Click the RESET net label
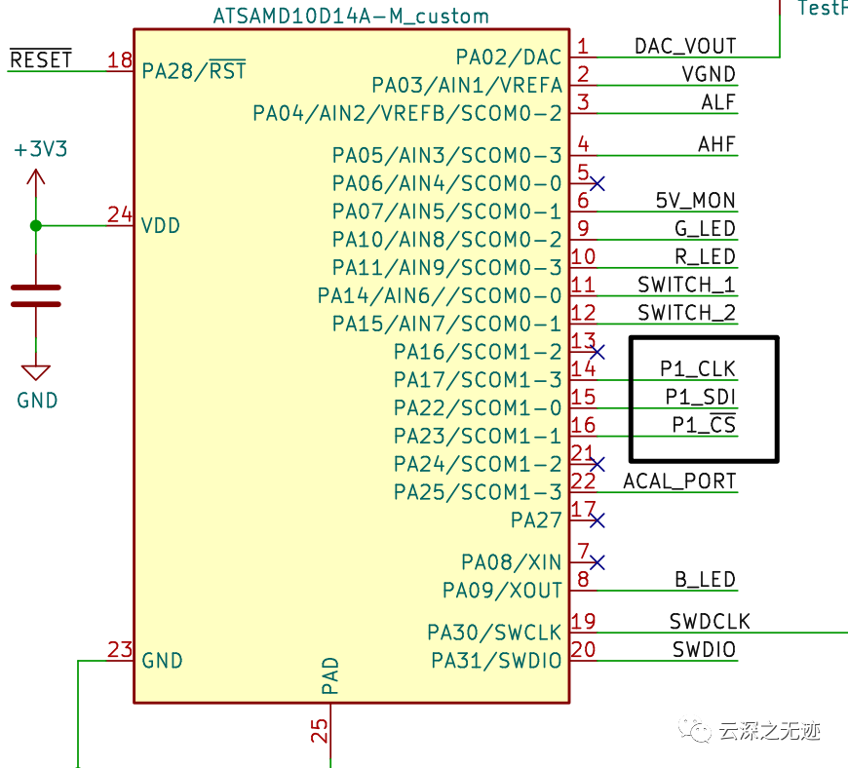tap(41, 59)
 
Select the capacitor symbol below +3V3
tap(36, 295)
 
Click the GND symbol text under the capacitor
tap(37, 400)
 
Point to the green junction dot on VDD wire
tap(36, 225)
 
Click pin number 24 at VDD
tap(120, 214)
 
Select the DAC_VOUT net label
tap(685, 46)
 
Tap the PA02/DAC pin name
tap(509, 58)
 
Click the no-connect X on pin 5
tap(597, 182)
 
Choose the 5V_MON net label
tap(695, 201)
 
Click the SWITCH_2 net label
tap(686, 313)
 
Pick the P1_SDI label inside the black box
tap(701, 397)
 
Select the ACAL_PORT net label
tap(679, 481)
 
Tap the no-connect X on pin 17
tap(597, 519)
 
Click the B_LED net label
tap(705, 580)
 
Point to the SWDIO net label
tap(704, 650)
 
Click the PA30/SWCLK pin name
tap(494, 633)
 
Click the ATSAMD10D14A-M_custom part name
tap(351, 17)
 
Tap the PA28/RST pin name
tap(193, 71)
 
